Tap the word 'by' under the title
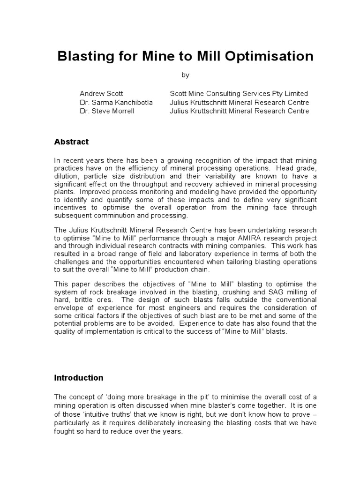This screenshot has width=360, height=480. pyautogui.click(x=185, y=75)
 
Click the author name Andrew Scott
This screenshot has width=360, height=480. pyautogui.click(x=101, y=94)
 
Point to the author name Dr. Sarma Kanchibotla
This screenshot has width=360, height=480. pyautogui.click(x=116, y=103)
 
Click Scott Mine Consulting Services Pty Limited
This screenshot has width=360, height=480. pyautogui.click(x=239, y=94)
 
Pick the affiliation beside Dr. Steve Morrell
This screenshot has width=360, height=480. pyautogui.click(x=239, y=111)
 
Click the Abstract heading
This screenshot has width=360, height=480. pyautogui.click(x=71, y=142)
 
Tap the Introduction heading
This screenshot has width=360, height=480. pyautogui.click(x=79, y=377)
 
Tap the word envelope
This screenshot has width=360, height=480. pyautogui.click(x=69, y=308)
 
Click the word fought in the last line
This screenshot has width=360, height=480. pyautogui.click(x=65, y=431)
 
